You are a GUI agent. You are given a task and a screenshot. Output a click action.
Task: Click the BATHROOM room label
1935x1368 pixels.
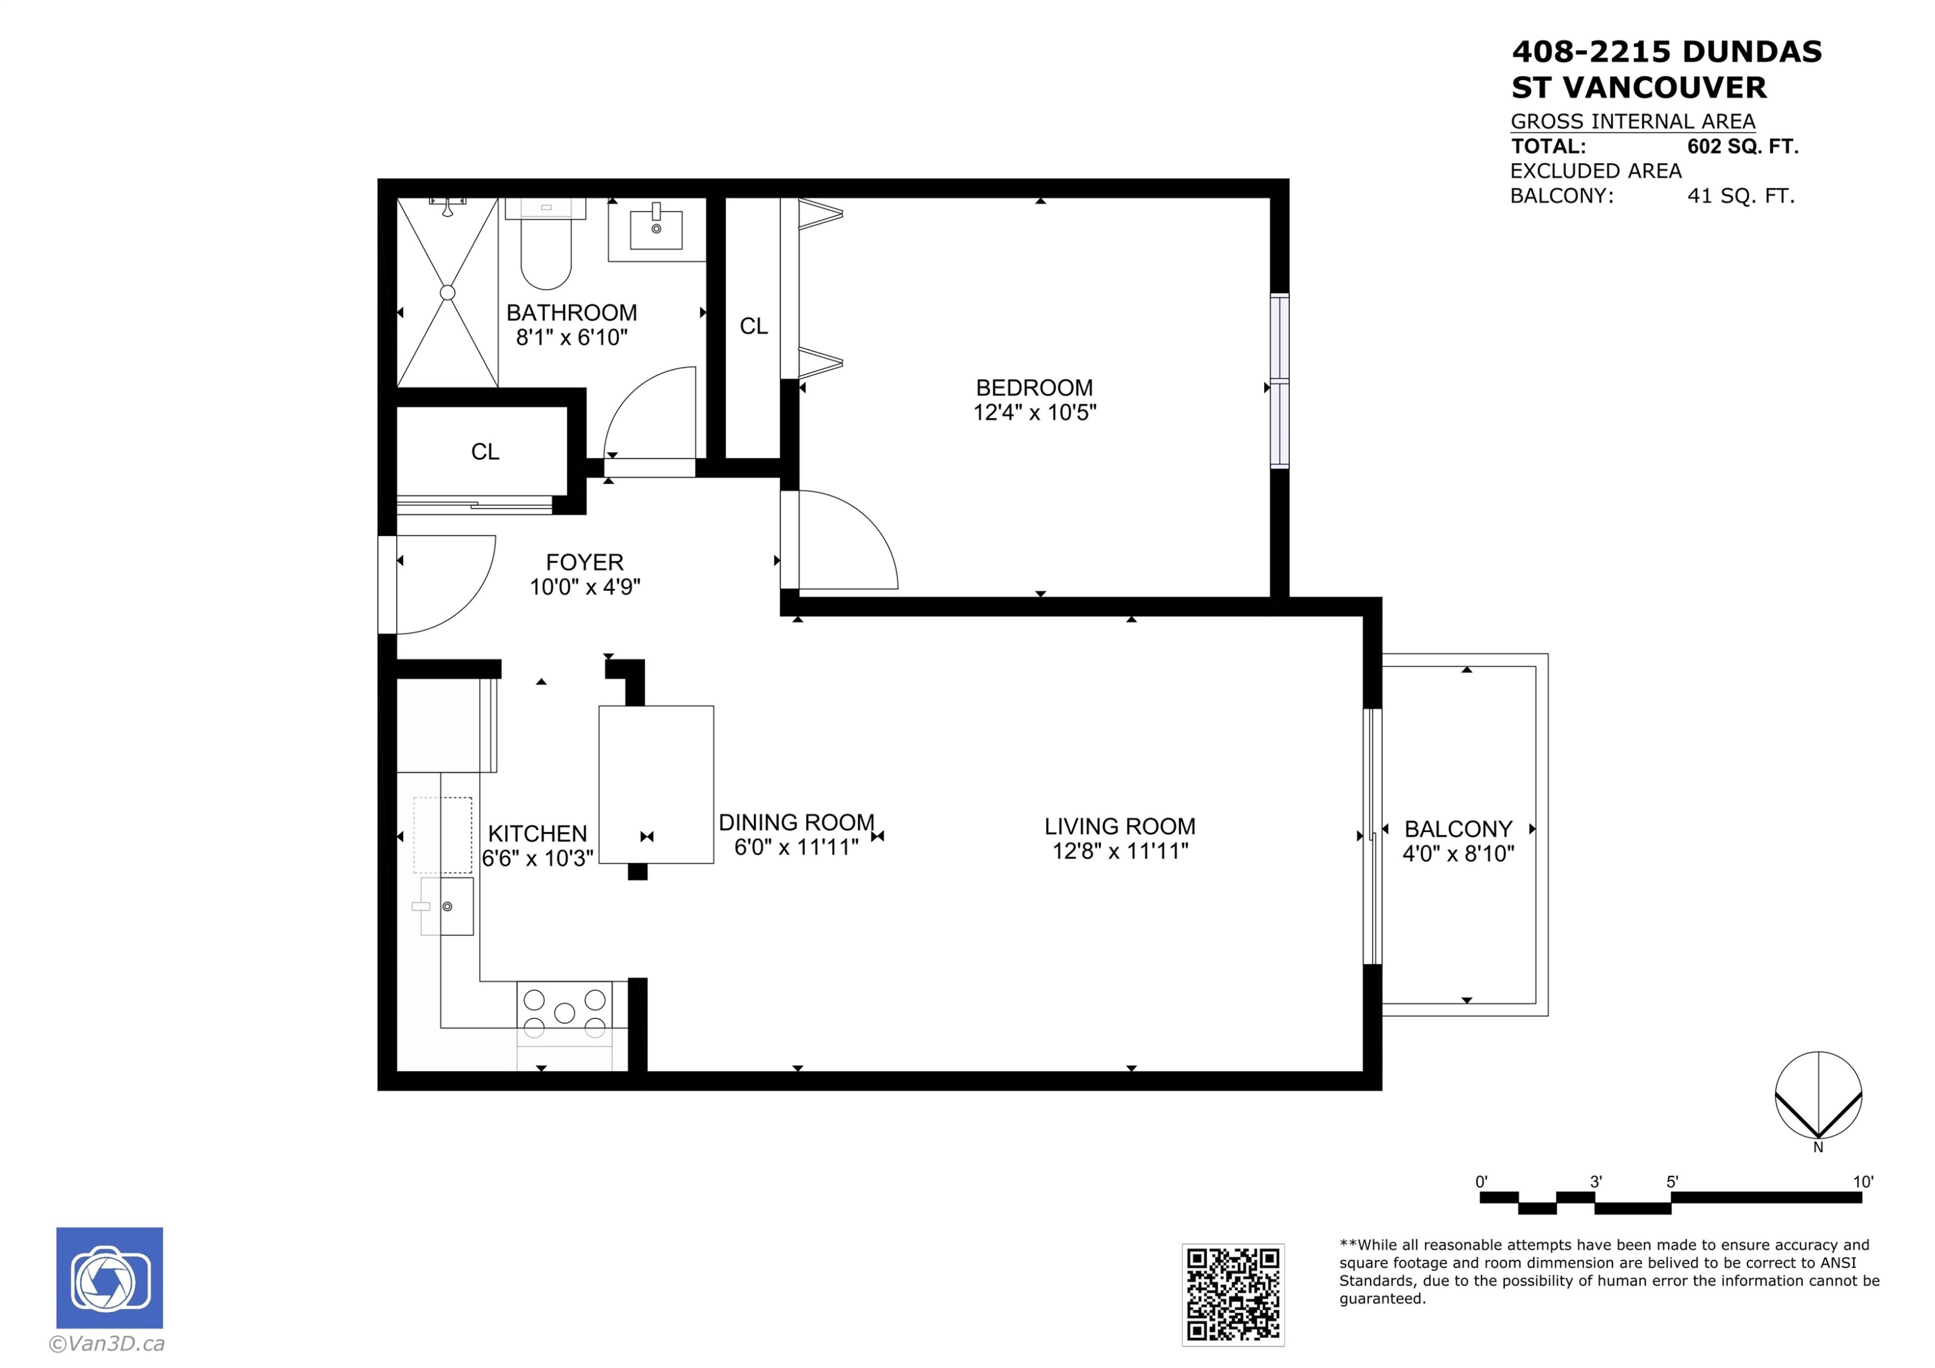pos(571,313)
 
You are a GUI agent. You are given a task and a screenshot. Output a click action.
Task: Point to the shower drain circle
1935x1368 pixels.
pos(448,292)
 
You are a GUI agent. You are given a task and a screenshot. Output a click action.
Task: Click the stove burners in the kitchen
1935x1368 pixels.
pos(564,1013)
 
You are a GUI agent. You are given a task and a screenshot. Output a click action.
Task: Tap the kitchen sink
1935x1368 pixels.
pos(448,906)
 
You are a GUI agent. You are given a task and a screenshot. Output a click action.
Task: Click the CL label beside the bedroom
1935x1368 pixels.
pos(753,326)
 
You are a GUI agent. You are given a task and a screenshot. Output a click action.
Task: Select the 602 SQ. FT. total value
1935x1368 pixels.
pos(1743,146)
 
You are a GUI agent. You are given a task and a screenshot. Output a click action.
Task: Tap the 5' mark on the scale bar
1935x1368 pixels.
pos(1672,1182)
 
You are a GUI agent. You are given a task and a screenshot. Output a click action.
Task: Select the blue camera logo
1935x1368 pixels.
pos(110,1278)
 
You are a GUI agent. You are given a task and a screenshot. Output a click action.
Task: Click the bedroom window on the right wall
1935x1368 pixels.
pos(1279,381)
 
